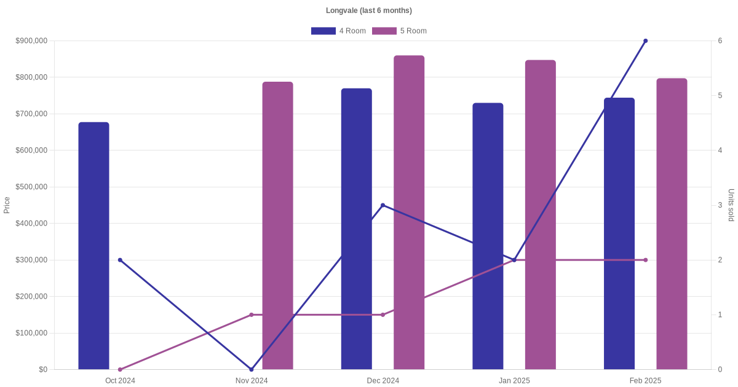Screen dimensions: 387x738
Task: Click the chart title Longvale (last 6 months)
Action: click(x=369, y=10)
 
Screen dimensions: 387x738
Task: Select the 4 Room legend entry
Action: click(x=338, y=31)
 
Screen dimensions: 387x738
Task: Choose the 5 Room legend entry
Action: click(x=399, y=31)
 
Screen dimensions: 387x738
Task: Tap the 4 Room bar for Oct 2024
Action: click(x=93, y=246)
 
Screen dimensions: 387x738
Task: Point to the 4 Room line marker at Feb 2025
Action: click(x=645, y=41)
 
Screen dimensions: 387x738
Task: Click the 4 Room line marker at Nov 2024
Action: click(x=252, y=369)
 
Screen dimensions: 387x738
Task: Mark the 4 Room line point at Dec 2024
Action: click(x=383, y=205)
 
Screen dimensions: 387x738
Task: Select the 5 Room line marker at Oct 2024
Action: click(x=120, y=369)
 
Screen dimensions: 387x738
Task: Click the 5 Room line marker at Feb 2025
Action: click(x=645, y=260)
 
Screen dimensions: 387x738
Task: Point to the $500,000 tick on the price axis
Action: click(x=31, y=187)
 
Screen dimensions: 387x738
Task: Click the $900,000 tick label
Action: click(x=31, y=41)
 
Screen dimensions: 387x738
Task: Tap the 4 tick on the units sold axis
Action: click(x=720, y=150)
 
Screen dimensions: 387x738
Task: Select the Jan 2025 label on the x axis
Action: click(x=514, y=381)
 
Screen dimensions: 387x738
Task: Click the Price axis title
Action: click(x=7, y=205)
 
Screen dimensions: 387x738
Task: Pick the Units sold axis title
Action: click(x=731, y=205)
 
